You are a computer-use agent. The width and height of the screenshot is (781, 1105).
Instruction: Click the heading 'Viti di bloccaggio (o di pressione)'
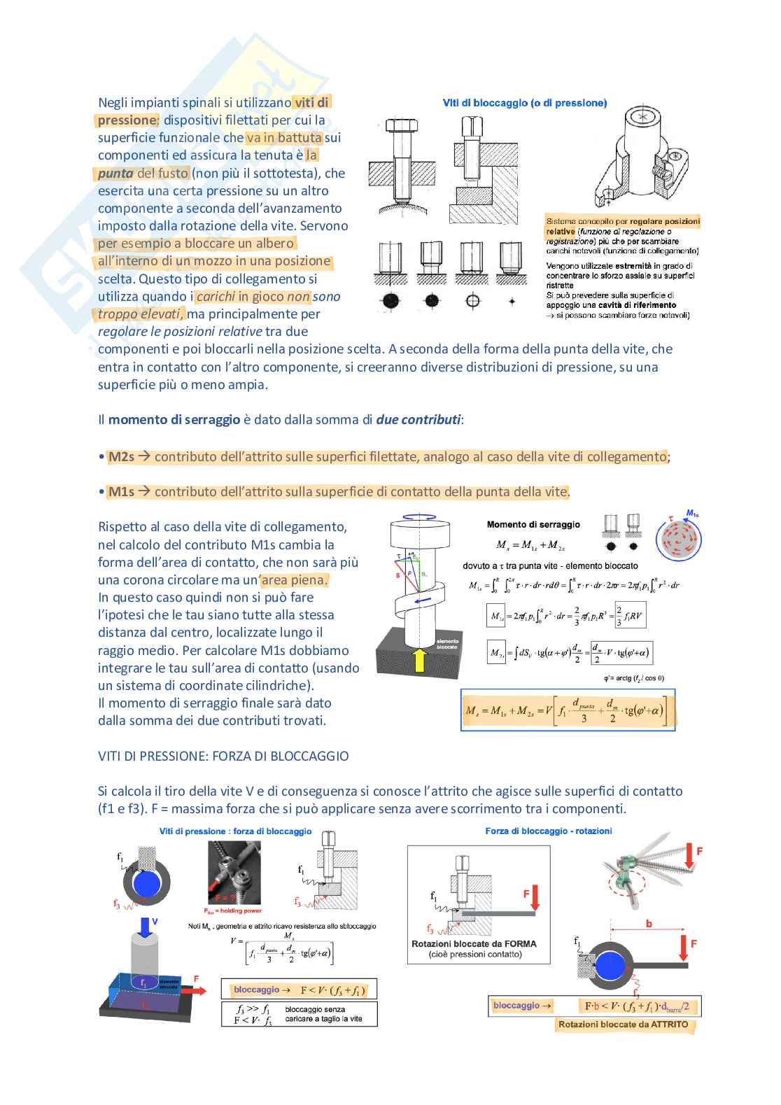click(x=524, y=103)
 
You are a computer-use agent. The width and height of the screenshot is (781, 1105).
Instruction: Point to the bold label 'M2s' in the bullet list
click(x=121, y=457)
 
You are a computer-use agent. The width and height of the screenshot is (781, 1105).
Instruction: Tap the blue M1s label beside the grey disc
click(x=691, y=514)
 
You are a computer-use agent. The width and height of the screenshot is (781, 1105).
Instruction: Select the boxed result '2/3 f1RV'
click(x=630, y=615)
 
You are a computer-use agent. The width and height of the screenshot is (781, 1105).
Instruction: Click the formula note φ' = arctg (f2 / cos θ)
click(x=633, y=677)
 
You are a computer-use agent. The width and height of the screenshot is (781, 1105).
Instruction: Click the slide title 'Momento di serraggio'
click(x=533, y=524)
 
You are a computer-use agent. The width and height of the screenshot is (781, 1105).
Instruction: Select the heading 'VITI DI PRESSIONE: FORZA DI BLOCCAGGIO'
click(x=223, y=756)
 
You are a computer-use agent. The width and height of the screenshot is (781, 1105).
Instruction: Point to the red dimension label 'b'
click(x=649, y=924)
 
